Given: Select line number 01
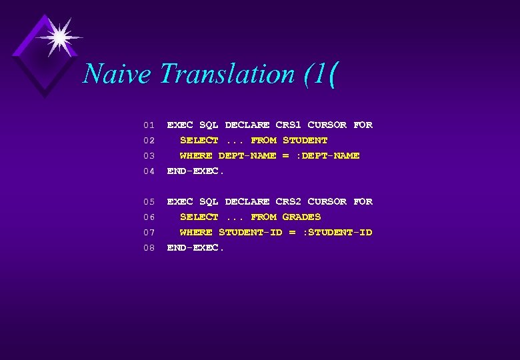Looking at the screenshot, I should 149,125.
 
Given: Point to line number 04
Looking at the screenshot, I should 149,171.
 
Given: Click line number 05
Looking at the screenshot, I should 149,202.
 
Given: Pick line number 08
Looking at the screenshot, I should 149,248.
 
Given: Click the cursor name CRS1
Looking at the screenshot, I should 288,125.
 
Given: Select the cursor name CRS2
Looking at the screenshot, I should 288,201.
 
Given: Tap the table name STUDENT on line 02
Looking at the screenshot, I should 305,140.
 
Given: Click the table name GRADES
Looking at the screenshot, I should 301,217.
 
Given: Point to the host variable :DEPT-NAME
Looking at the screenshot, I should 328,155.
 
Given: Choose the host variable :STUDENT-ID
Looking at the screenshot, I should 337,232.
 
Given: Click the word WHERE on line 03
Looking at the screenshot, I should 196,155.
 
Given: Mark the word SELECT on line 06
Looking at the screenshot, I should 199,217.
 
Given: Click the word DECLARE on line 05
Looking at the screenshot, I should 247,201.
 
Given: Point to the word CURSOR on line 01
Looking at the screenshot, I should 327,125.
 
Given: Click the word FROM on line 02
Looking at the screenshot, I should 263,140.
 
